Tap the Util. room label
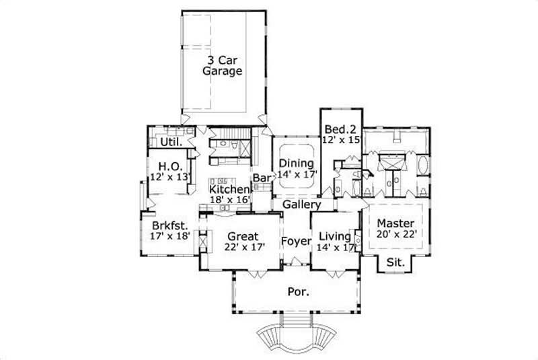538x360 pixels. [169, 142]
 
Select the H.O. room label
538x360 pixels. [167, 166]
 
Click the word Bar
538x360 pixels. [261, 178]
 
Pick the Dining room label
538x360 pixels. [296, 163]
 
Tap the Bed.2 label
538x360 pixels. [340, 129]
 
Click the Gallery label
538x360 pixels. [300, 204]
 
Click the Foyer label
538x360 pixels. [295, 241]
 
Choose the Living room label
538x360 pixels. [335, 236]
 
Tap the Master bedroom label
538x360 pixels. [395, 223]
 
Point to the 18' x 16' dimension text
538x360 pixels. [229, 201]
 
